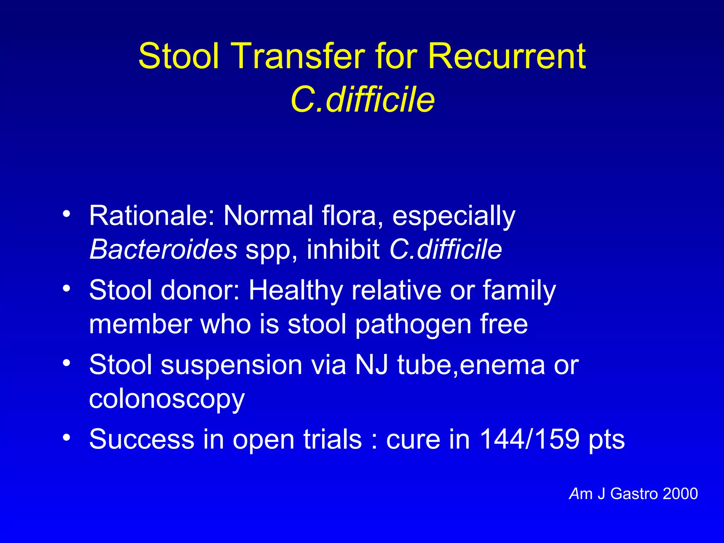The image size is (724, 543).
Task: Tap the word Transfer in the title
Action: (x=298, y=57)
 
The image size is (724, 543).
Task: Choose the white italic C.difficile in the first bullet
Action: (x=445, y=250)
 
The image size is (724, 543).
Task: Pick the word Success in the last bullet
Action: (x=142, y=439)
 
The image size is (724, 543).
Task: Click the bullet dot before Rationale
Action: (x=66, y=214)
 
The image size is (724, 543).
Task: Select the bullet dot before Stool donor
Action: (x=66, y=288)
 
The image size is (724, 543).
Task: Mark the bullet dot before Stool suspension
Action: (x=66, y=363)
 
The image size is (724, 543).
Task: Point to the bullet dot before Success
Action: (x=66, y=438)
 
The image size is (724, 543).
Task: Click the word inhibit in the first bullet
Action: (x=343, y=250)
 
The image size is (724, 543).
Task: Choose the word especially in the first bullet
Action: (x=454, y=216)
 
